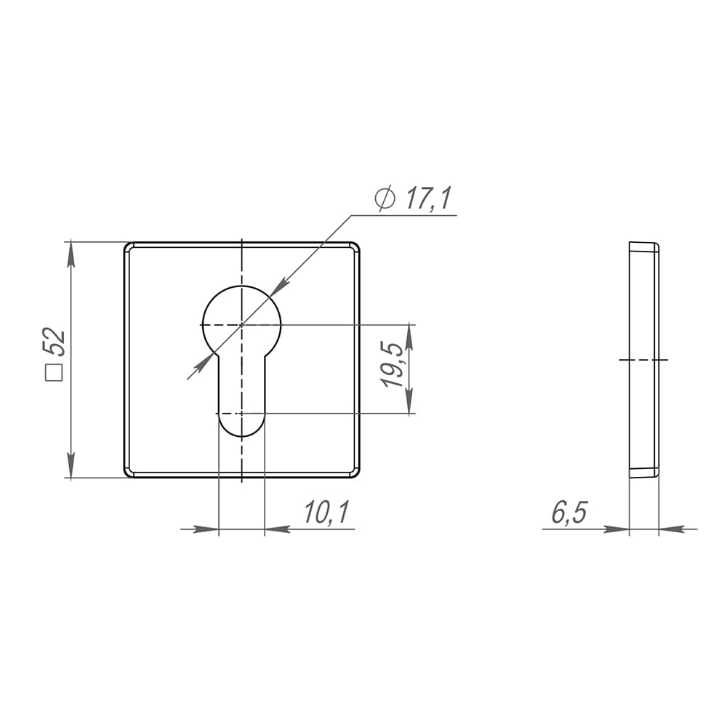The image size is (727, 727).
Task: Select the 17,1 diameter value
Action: [x=428, y=199]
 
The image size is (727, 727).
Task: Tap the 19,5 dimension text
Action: [x=391, y=365]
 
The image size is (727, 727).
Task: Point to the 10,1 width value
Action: [x=326, y=513]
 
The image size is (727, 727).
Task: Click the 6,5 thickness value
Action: [x=569, y=513]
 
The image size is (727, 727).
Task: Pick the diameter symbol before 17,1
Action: [x=385, y=199]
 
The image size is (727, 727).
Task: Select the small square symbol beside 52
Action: [x=54, y=373]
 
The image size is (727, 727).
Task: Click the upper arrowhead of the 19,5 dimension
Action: [x=409, y=337]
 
